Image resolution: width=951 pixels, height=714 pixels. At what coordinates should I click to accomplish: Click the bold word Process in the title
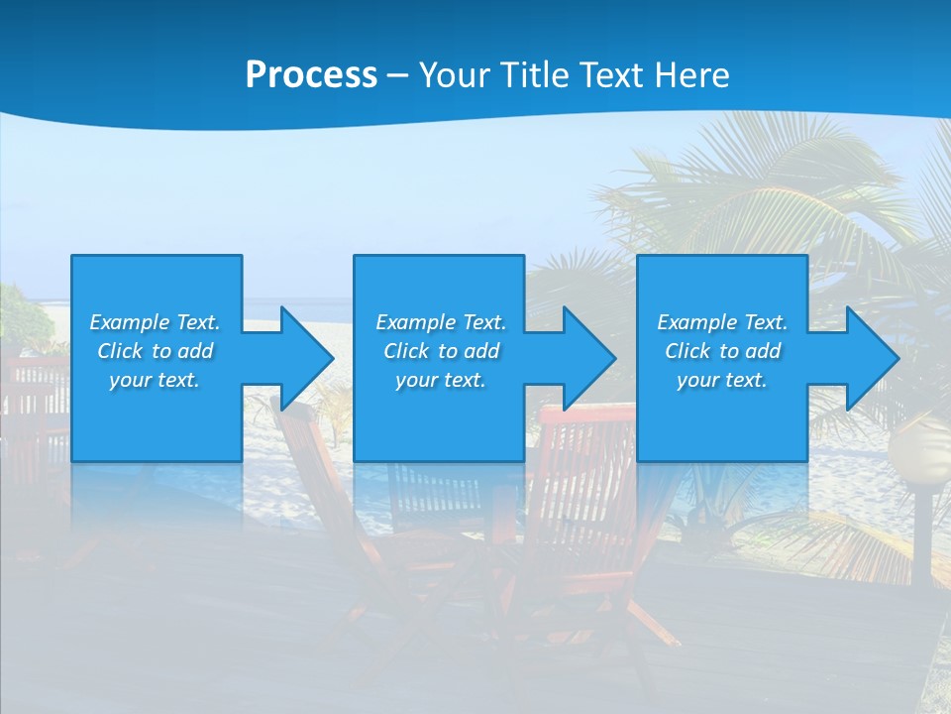(x=311, y=75)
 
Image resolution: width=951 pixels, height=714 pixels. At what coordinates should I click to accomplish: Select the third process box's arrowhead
(x=871, y=358)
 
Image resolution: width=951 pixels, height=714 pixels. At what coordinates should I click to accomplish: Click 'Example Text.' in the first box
(x=155, y=322)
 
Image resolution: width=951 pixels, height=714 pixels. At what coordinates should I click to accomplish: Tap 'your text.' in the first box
(x=155, y=380)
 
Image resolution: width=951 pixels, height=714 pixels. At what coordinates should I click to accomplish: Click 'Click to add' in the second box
(x=441, y=351)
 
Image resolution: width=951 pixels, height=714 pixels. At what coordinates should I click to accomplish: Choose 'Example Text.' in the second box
(x=441, y=322)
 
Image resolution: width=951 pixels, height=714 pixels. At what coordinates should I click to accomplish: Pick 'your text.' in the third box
(x=722, y=380)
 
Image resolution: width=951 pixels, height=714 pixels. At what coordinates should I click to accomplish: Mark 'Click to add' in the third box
(x=722, y=351)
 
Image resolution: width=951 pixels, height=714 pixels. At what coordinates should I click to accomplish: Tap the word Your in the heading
(x=454, y=75)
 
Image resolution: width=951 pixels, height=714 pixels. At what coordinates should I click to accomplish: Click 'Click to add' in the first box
(x=155, y=351)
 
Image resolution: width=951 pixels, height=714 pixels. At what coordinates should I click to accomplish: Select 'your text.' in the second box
(x=441, y=380)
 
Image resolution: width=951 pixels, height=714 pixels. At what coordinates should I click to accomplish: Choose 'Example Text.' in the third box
(x=722, y=322)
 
